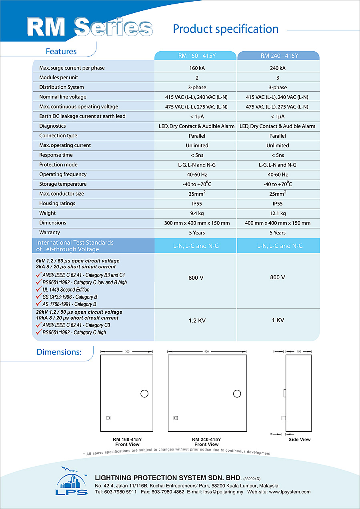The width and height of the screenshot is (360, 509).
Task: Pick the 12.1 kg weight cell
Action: click(278, 213)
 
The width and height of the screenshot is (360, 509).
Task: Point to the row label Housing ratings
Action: click(57, 203)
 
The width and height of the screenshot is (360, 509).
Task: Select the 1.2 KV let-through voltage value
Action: click(197, 321)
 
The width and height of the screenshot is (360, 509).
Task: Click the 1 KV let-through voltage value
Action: click(278, 321)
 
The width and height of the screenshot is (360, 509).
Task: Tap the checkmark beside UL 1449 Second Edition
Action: click(39, 289)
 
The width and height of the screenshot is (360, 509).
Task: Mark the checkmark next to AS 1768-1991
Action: click(39, 304)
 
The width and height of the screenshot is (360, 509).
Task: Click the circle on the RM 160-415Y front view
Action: click(144, 394)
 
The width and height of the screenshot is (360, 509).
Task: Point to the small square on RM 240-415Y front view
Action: click(176, 418)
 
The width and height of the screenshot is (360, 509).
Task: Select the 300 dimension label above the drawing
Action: click(127, 352)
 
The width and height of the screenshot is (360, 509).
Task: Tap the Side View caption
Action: click(300, 439)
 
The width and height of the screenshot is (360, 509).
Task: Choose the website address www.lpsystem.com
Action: click(290, 492)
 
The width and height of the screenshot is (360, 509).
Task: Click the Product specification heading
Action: click(226, 29)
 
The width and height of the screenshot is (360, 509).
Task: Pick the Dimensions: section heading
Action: click(59, 352)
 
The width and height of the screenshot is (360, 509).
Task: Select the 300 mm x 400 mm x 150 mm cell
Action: click(197, 223)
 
